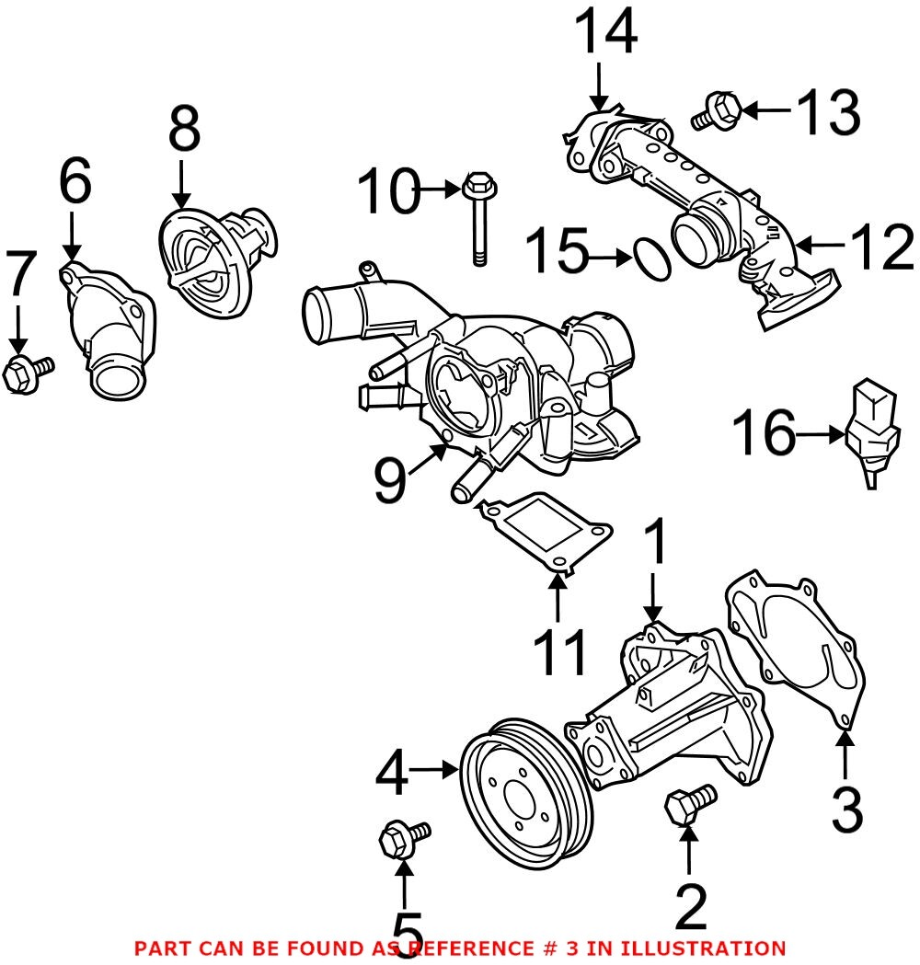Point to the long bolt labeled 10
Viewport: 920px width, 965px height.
tap(477, 217)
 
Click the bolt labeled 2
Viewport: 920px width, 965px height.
tap(689, 803)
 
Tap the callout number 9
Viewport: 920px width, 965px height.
tap(391, 480)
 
